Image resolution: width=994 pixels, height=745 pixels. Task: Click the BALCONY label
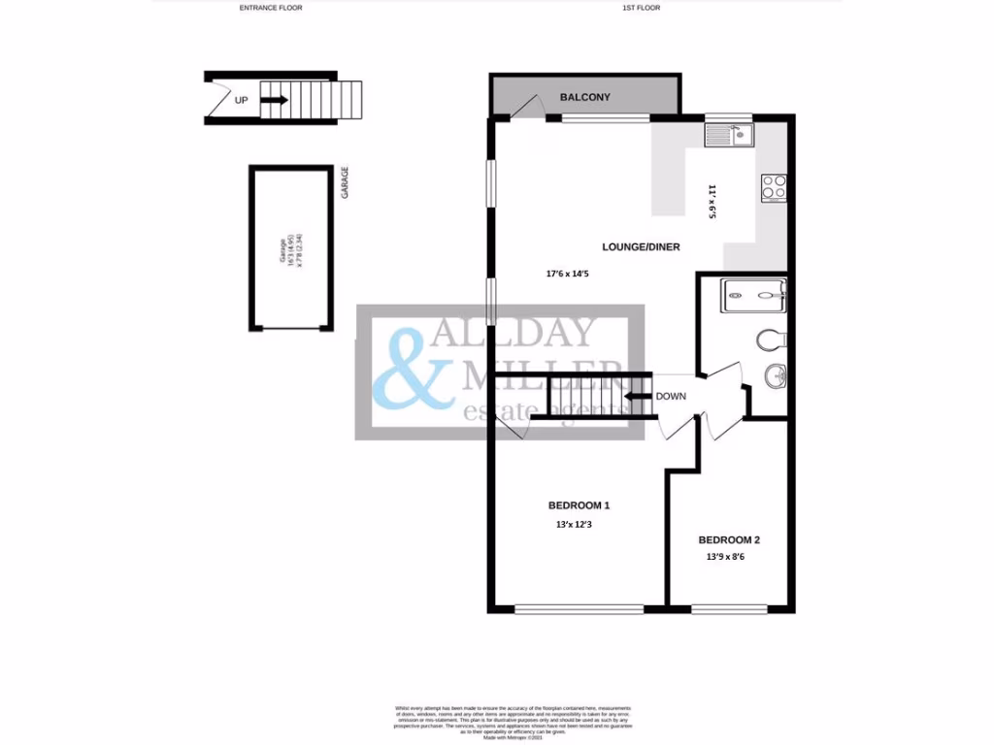[585, 97]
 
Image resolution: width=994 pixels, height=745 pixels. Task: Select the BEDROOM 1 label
[579, 505]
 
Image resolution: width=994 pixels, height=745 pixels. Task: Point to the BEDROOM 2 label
[729, 539]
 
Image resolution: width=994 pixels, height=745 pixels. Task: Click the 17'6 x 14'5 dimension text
[568, 275]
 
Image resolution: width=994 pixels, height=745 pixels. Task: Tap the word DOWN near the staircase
[671, 396]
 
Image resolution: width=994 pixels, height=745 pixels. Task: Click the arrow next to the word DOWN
[637, 396]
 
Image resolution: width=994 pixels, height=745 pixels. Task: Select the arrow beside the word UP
[276, 99]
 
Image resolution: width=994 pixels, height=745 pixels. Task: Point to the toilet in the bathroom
[770, 340]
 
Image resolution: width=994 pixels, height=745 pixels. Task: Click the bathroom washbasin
[774, 375]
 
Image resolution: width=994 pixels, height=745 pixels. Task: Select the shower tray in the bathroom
[752, 296]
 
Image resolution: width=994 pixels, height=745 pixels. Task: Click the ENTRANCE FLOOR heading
[271, 8]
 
